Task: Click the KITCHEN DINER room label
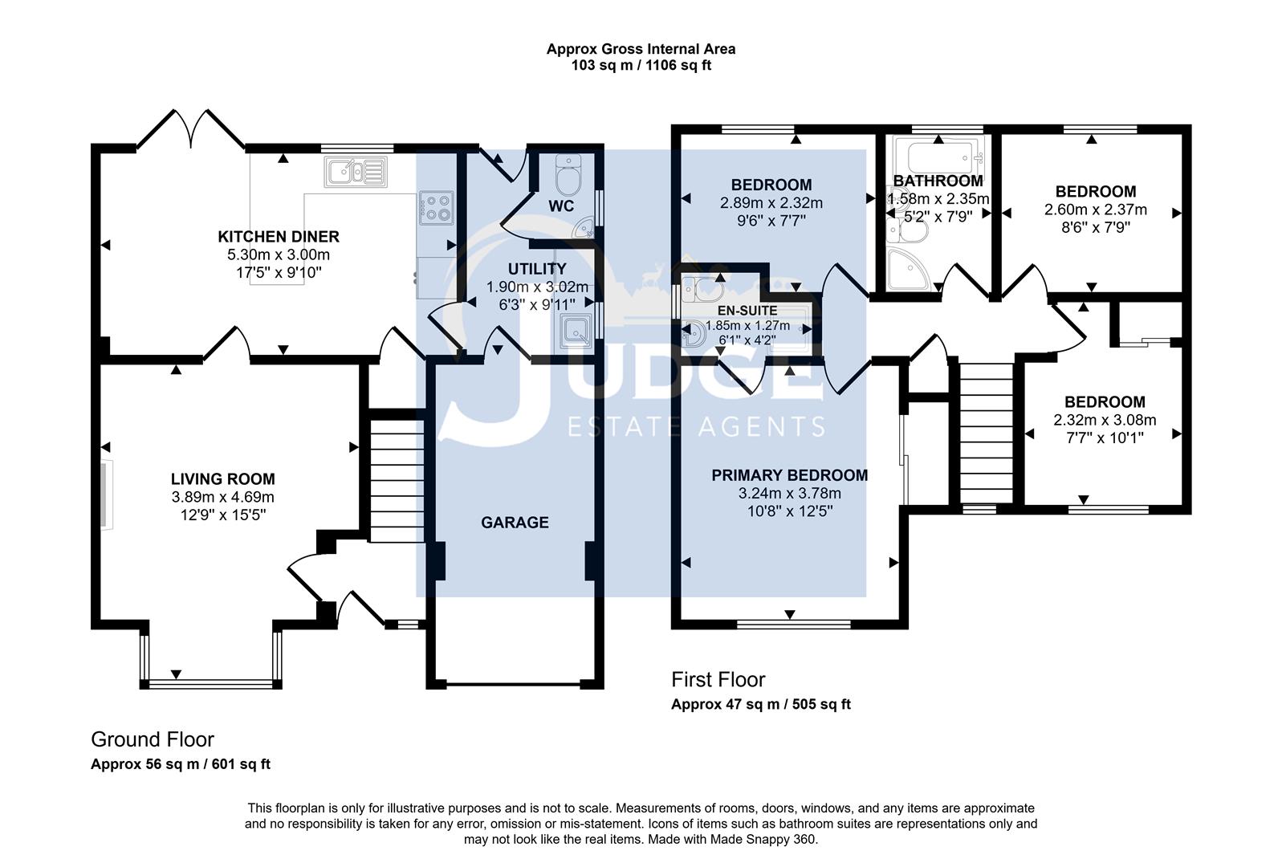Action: [x=279, y=237]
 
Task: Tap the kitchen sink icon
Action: [x=356, y=170]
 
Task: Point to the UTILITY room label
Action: [x=537, y=269]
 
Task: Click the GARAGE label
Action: [x=515, y=523]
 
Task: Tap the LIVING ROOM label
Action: [x=222, y=479]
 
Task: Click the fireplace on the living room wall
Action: [x=107, y=494]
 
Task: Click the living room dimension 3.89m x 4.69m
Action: [x=222, y=497]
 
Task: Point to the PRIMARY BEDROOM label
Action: [x=789, y=475]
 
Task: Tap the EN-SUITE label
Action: [x=747, y=311]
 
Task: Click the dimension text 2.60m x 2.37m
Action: [x=1095, y=210]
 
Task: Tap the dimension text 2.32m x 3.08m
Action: [x=1105, y=420]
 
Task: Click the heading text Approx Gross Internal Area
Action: [x=641, y=49]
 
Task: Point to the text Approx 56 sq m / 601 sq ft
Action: [x=181, y=764]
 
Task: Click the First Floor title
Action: [x=718, y=680]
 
